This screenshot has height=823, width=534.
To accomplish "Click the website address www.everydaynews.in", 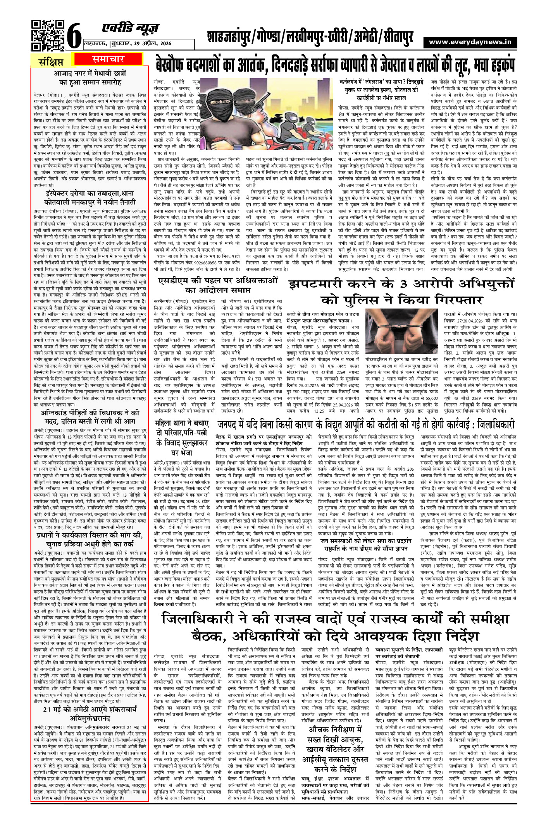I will [470, 42].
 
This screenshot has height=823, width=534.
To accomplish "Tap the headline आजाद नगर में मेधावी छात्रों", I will [90, 77].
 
